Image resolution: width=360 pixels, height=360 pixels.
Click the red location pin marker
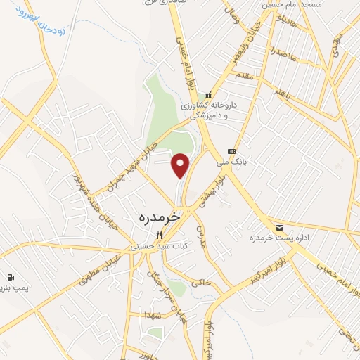pos(181,165)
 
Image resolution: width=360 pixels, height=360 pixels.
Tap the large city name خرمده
pos(156,219)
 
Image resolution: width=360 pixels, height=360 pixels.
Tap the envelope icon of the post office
pos(280,227)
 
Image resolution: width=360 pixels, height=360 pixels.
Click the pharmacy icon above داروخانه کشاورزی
pos(207,96)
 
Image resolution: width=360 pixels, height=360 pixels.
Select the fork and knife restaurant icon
pos(159,235)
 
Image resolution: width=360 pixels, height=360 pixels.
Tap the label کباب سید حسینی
pos(155,247)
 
